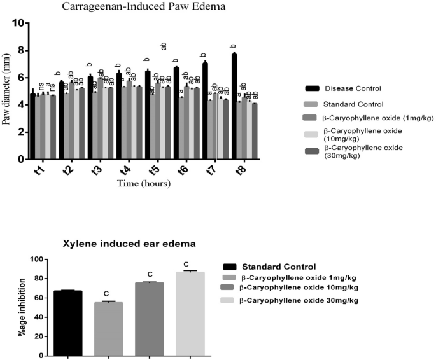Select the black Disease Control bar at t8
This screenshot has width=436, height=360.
(234, 106)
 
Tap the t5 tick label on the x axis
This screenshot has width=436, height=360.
(153, 170)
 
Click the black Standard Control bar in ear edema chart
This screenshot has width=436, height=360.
(68, 318)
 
